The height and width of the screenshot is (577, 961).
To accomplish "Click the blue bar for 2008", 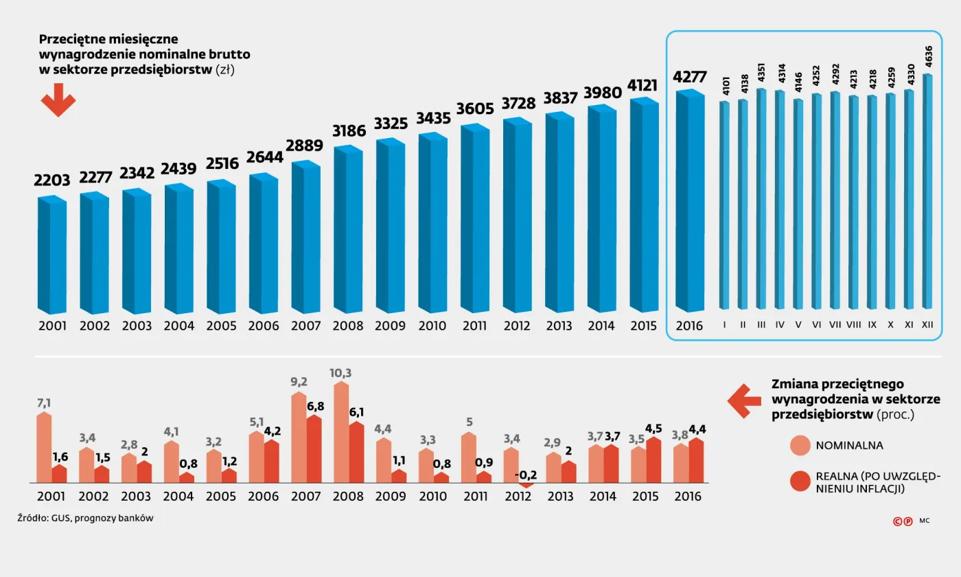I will click(348, 230).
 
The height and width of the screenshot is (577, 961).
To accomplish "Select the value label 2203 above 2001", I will click(52, 181).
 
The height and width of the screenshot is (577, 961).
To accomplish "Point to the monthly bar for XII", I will click(927, 192).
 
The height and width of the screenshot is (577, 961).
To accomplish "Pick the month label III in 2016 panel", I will click(761, 325).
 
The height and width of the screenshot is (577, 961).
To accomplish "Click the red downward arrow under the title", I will click(58, 100).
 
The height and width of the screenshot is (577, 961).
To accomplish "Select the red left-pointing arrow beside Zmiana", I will click(744, 401).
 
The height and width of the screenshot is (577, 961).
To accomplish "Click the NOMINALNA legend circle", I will click(800, 445).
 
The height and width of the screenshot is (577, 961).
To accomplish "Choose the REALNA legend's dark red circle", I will click(800, 481).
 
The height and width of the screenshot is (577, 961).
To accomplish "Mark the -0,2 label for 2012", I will click(527, 475).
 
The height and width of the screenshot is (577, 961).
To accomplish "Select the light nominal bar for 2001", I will click(44, 447).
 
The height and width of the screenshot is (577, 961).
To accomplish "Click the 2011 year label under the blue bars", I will click(474, 326).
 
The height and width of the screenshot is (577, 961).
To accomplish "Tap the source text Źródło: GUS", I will click(86, 519).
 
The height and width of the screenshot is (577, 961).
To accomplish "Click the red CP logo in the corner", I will click(903, 521).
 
